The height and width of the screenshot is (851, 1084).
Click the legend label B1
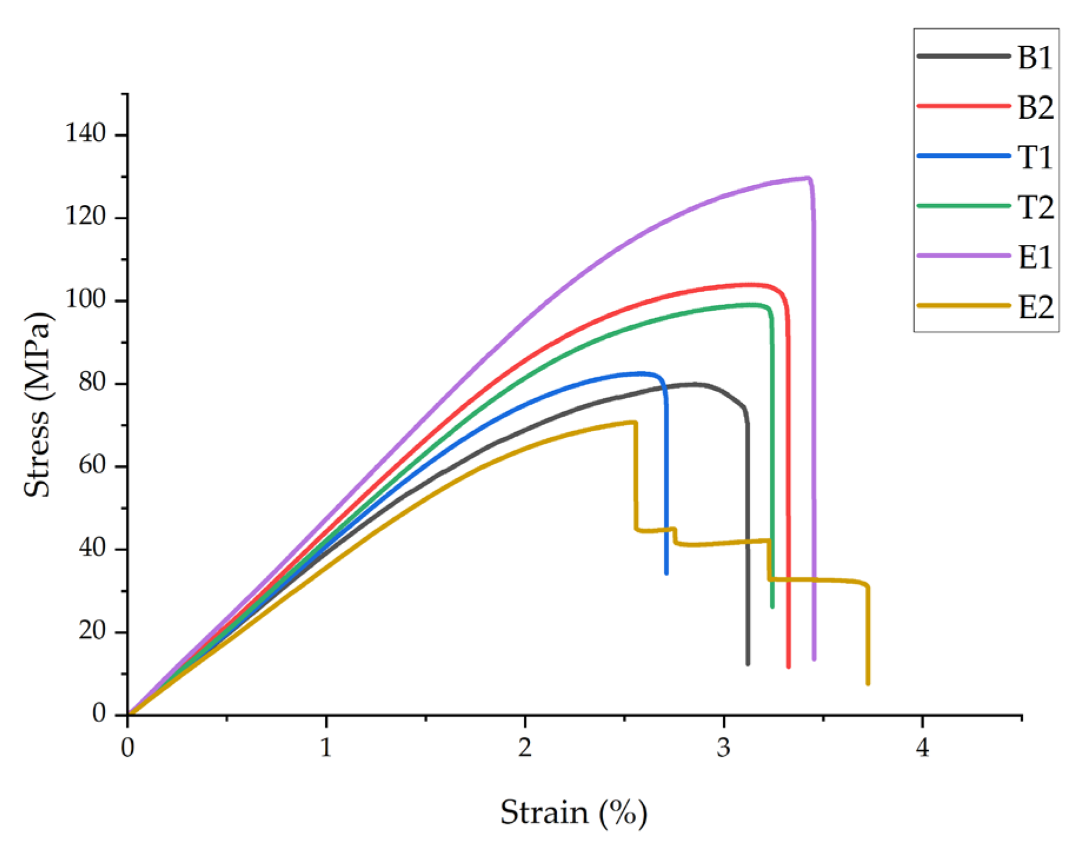coord(1035,58)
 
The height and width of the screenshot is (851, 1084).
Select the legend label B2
coord(1035,108)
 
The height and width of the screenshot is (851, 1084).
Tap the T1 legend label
coord(1035,158)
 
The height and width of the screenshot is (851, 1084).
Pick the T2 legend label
coord(1035,208)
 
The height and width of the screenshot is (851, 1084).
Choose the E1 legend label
coord(1035,258)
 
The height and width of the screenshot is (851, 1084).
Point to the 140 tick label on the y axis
coord(85,134)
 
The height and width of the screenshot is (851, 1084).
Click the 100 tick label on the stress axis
coord(85,300)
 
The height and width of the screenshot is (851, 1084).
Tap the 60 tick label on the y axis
coord(92,466)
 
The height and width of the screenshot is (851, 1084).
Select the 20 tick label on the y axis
coord(92,631)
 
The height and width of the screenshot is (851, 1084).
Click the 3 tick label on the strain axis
coord(723,748)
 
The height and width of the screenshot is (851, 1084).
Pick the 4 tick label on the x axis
coord(922,748)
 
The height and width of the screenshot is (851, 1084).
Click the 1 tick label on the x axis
coord(325,748)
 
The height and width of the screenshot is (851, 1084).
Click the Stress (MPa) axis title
coord(38,405)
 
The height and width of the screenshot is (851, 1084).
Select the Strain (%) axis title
coord(573,813)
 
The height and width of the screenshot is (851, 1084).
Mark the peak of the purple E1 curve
coord(808,177)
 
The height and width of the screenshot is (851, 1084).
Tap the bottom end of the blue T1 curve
coord(666,572)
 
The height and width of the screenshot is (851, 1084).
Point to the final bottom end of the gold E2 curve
coord(867,683)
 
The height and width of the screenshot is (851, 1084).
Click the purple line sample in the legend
coord(963,256)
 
